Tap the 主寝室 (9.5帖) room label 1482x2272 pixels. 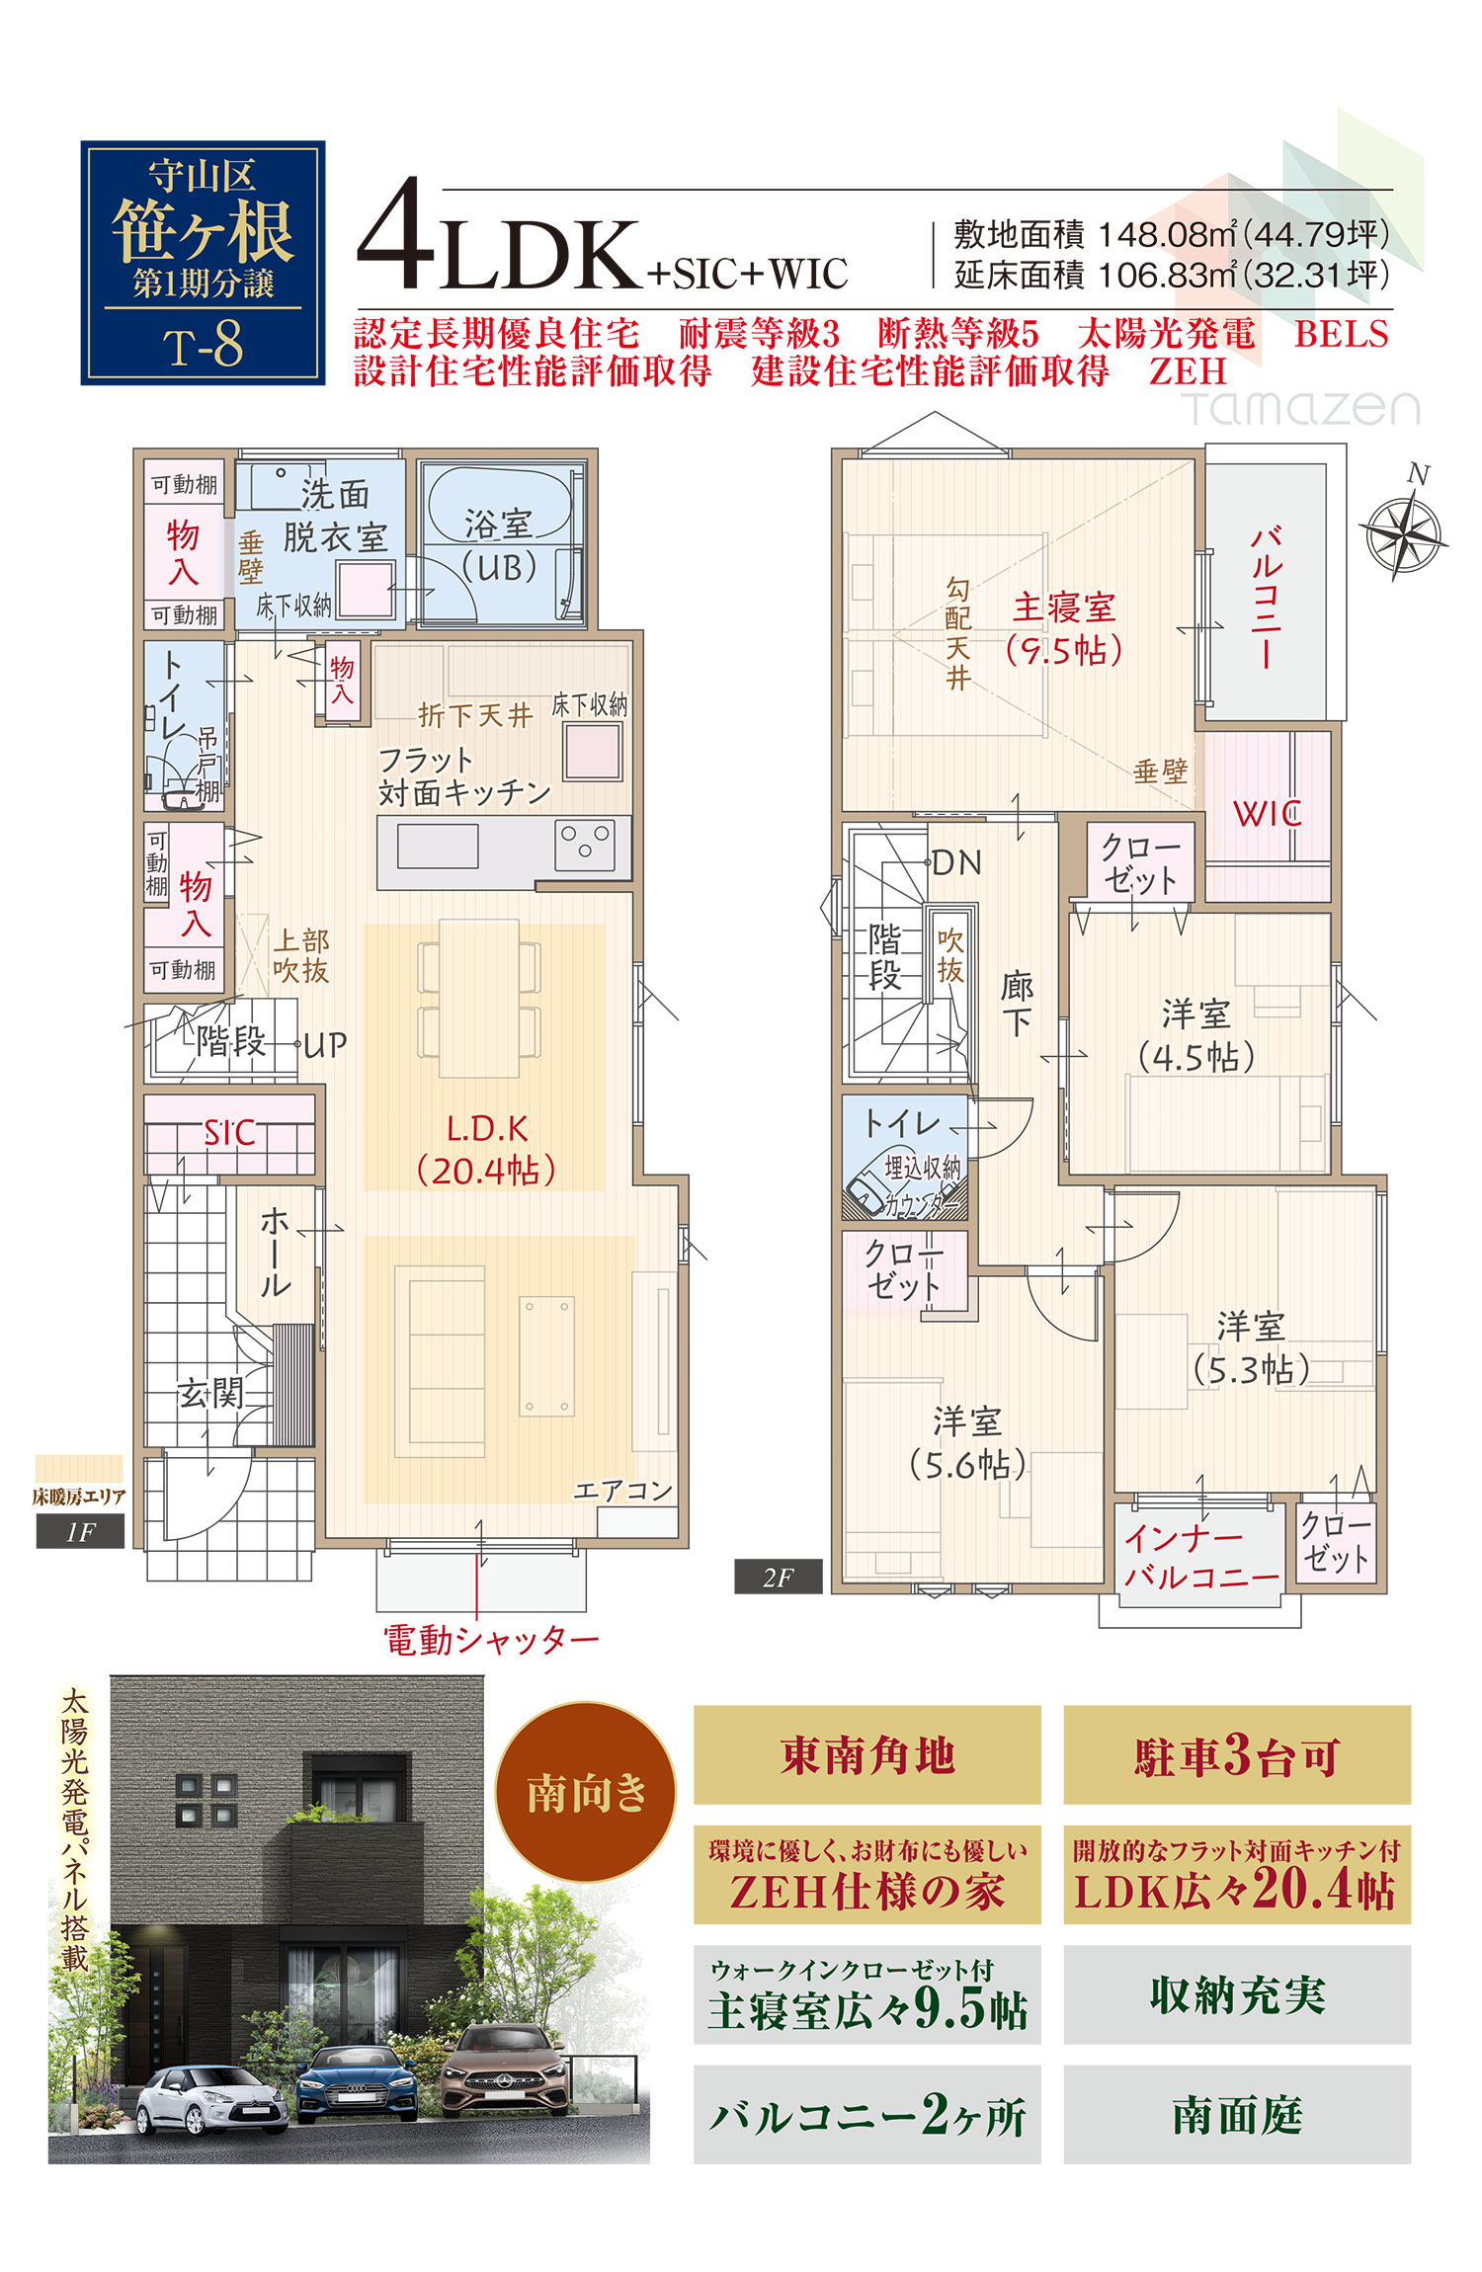point(1064,628)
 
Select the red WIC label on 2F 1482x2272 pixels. point(1267,814)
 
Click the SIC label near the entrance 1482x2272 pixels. point(229,1132)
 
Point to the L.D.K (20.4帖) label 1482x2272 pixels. point(486,1150)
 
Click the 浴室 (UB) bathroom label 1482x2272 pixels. point(500,544)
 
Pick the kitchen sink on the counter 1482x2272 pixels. point(438,847)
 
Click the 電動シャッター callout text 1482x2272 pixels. point(491,1640)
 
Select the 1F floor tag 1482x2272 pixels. point(80,1532)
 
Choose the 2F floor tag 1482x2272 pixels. point(778,1578)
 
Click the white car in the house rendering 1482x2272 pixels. point(210,2098)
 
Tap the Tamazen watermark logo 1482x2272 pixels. point(1300,407)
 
